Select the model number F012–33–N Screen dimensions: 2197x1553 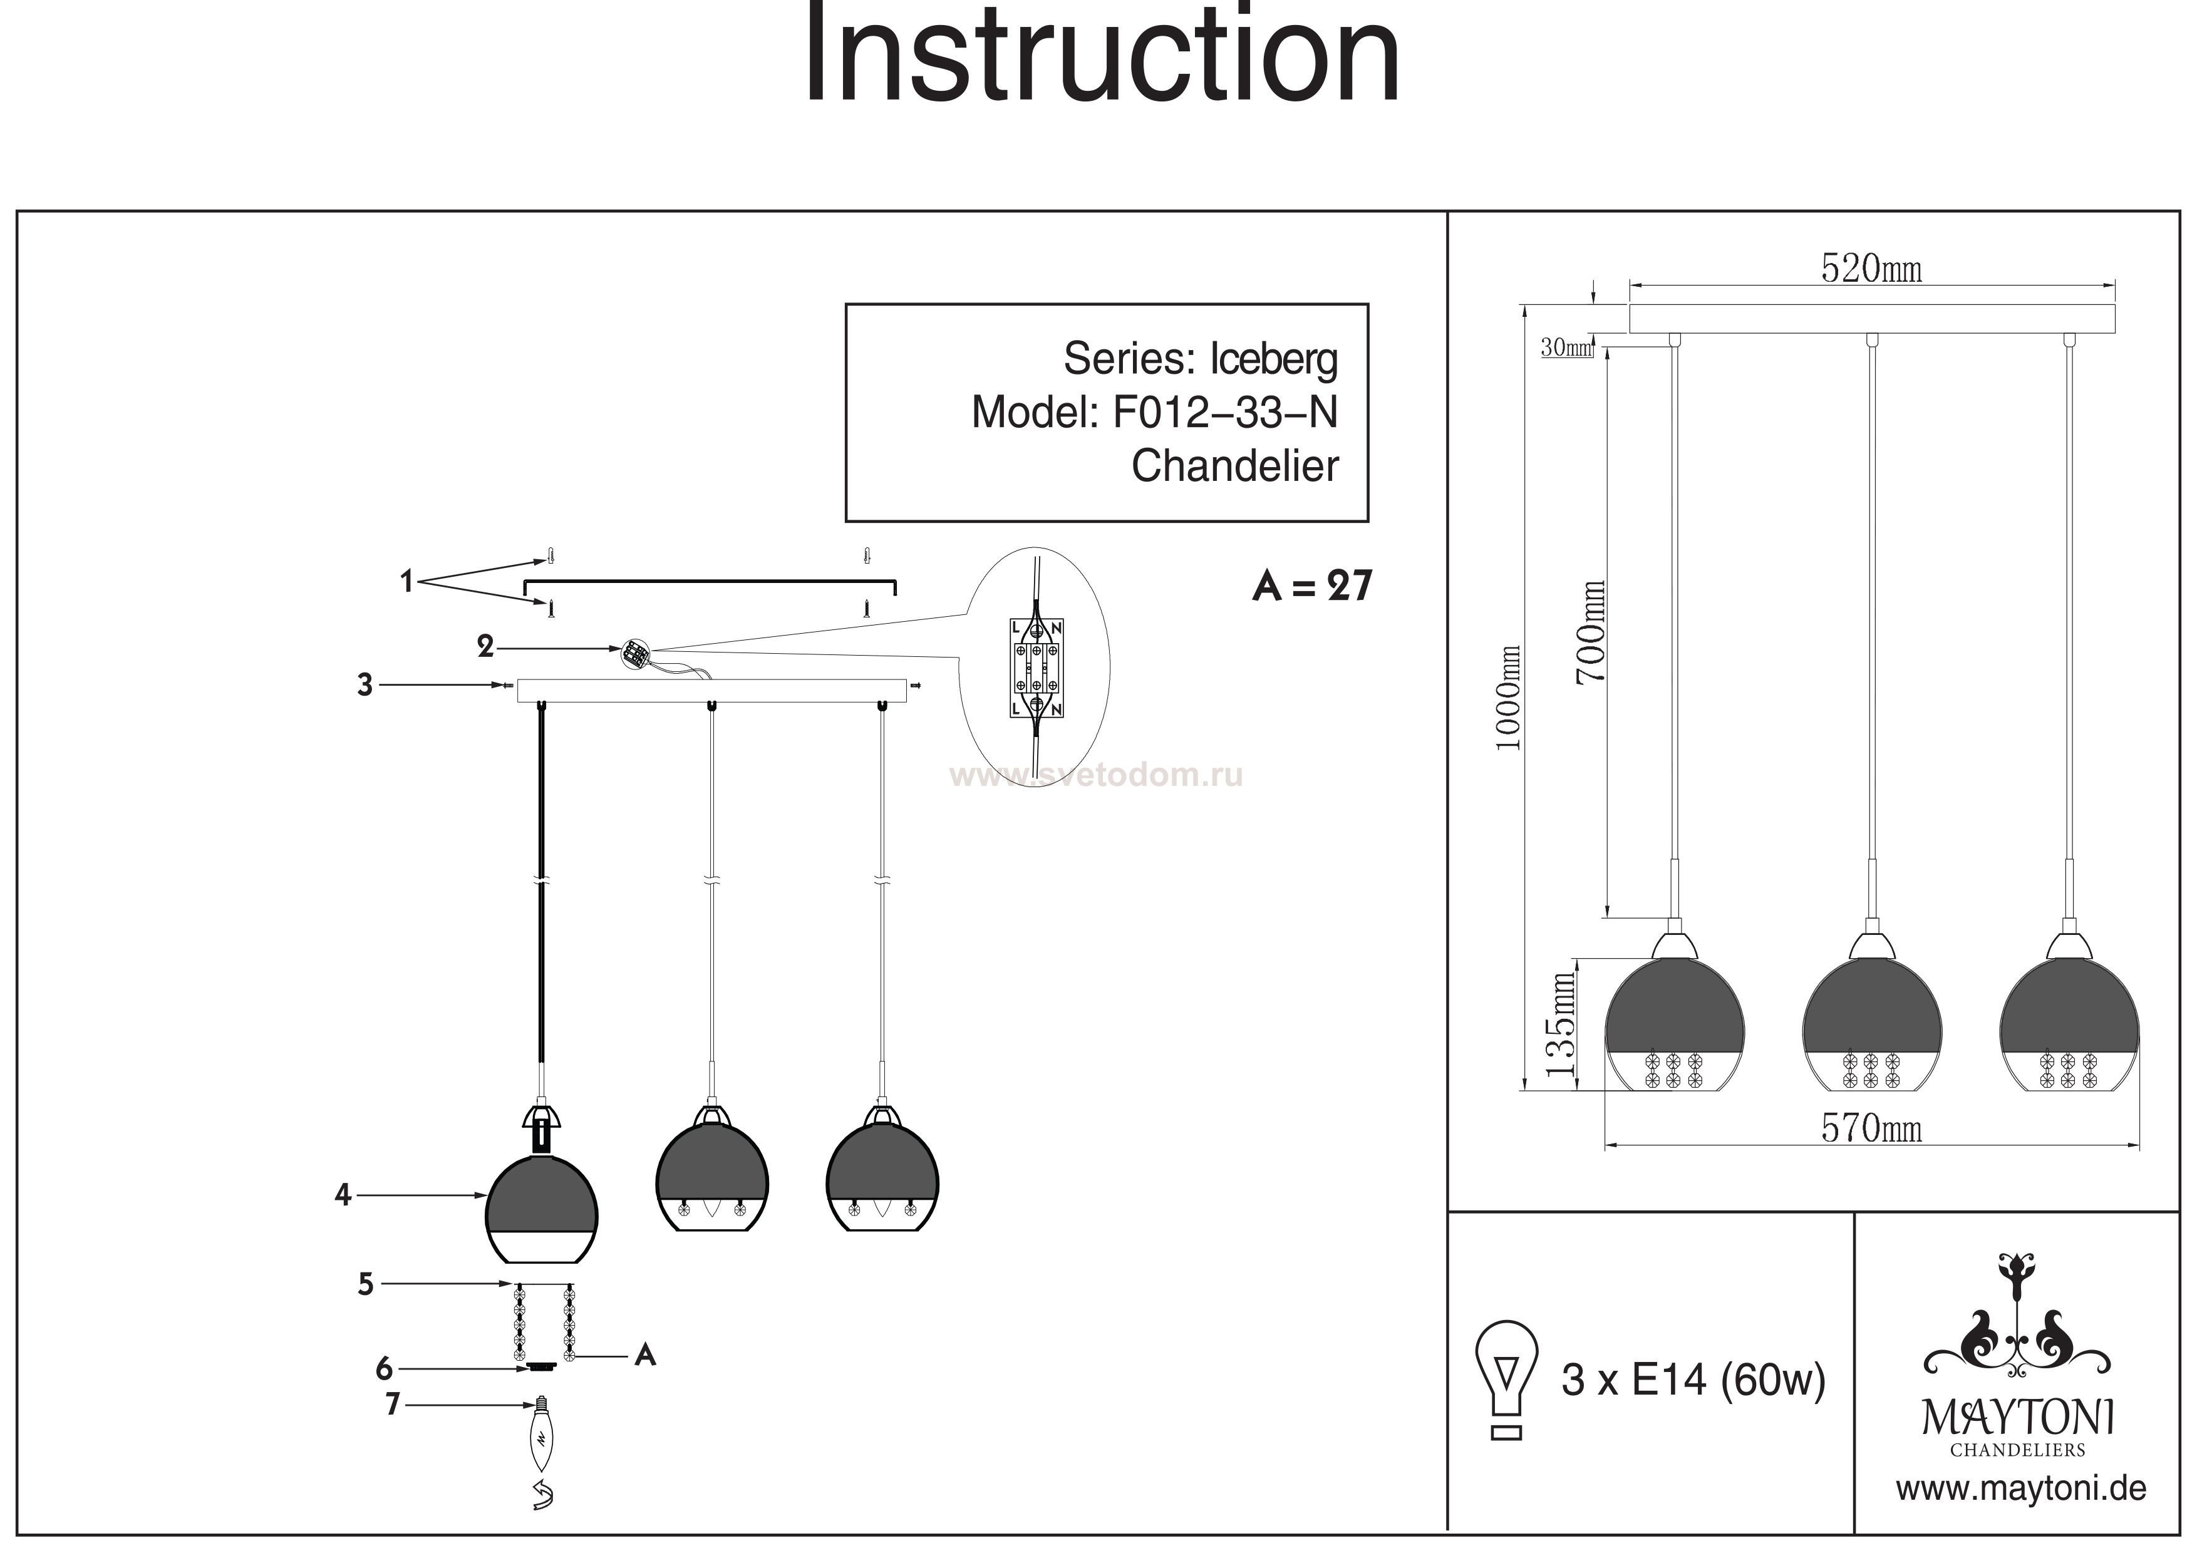1225,413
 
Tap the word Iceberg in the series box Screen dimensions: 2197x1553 1274,360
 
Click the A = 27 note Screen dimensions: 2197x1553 1312,586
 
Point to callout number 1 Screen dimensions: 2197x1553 406,581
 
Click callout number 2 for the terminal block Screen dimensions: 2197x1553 485,648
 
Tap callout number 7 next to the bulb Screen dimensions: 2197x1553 392,1405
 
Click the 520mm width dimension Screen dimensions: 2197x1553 1871,269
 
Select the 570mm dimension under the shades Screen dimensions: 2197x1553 1871,1129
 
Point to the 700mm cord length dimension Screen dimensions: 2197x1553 1590,632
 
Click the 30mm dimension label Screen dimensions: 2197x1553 1566,348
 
